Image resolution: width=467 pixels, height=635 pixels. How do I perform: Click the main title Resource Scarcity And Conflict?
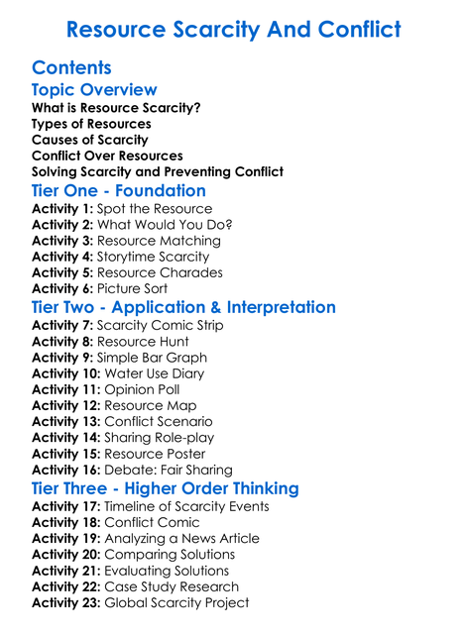coord(233,30)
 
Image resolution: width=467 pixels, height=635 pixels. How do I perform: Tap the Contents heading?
coord(71,68)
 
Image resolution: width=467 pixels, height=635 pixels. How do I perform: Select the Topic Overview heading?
coord(94,90)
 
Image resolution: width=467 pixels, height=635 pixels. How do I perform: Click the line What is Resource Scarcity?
coord(116,108)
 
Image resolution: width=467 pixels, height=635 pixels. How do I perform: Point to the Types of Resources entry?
coord(91,124)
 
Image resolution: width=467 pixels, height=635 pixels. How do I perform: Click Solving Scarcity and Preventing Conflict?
coord(158,171)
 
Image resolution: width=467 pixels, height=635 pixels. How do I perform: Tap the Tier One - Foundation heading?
coord(119,191)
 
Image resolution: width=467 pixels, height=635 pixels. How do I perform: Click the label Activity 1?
coord(61,209)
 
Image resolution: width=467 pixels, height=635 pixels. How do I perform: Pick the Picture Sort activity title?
coord(132,288)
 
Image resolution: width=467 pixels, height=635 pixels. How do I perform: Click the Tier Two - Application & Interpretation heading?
coord(183,308)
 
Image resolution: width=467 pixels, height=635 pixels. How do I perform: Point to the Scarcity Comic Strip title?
coord(160,326)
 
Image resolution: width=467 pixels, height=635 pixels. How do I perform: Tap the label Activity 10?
coord(65,373)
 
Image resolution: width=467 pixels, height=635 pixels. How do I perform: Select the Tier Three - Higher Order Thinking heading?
coord(165,489)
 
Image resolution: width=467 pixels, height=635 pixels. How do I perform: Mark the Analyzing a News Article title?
coord(181,539)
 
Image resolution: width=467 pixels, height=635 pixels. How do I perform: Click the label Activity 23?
coord(65,602)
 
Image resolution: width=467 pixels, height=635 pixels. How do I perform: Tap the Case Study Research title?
coord(171,586)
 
